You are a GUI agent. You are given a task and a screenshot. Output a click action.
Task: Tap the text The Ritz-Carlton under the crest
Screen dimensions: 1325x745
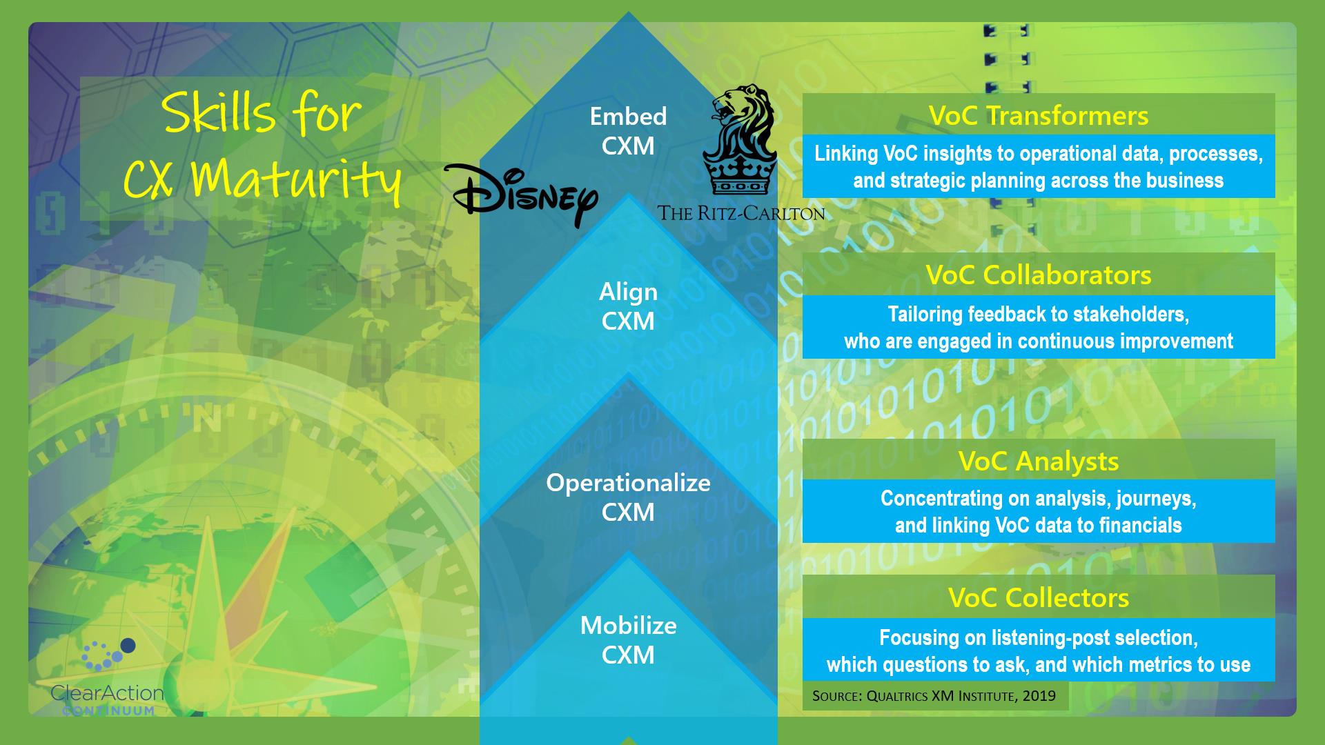click(x=740, y=213)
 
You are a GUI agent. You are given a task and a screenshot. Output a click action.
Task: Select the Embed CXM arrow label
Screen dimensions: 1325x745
click(x=628, y=130)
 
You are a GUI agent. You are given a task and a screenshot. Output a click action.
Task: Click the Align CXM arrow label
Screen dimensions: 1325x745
click(x=628, y=306)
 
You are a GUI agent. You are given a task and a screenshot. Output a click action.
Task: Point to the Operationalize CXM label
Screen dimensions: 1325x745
click(x=628, y=497)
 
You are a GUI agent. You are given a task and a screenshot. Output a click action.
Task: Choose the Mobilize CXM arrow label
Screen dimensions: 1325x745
click(x=628, y=639)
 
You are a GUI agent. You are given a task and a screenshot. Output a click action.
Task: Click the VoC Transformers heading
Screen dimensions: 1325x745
click(x=1038, y=115)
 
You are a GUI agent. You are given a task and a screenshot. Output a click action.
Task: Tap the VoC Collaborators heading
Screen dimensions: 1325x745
click(x=1038, y=275)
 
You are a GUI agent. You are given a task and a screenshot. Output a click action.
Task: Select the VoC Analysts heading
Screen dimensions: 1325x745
click(x=1038, y=461)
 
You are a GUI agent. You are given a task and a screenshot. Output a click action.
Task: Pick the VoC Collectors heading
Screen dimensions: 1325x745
click(x=1038, y=597)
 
